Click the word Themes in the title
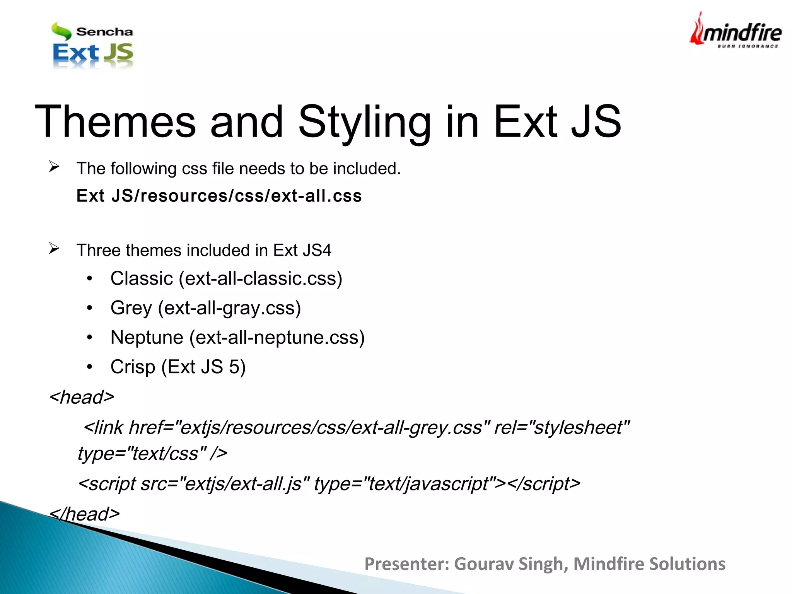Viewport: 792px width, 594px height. click(x=115, y=122)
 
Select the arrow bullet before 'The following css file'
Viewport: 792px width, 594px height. click(x=54, y=167)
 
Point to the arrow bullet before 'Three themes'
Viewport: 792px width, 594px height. click(x=54, y=248)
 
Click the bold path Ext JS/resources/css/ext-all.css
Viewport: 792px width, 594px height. click(x=219, y=196)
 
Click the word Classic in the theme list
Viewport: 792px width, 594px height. click(x=142, y=278)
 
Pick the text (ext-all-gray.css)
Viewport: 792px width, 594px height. click(x=229, y=308)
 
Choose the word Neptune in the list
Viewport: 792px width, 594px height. click(x=147, y=337)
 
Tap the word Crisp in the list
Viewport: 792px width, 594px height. click(x=133, y=367)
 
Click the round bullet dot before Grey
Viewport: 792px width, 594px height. click(x=90, y=308)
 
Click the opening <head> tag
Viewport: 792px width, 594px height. click(x=82, y=397)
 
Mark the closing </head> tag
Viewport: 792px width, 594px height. click(x=85, y=514)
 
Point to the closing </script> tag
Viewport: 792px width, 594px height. click(x=543, y=484)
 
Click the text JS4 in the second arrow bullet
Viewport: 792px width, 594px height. click(x=317, y=250)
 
